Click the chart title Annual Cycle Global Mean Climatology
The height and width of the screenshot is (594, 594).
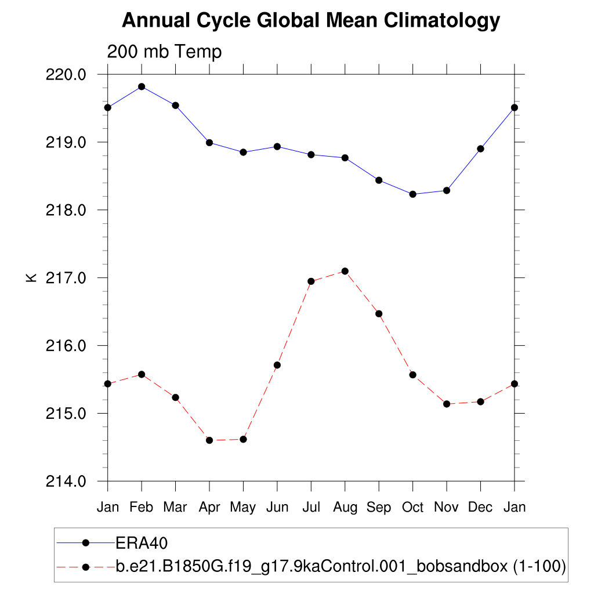[x=310, y=21]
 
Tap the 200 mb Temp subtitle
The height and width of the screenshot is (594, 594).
[x=164, y=52]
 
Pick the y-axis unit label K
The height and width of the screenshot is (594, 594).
[x=31, y=277]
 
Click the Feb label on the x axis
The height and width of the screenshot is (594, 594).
[x=141, y=508]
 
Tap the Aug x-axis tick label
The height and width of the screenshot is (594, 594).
[x=345, y=508]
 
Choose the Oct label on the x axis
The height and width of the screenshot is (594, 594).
[x=412, y=508]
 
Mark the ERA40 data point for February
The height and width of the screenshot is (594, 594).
[x=142, y=87]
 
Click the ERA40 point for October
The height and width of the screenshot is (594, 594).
[x=412, y=194]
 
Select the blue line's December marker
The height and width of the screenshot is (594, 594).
[x=480, y=149]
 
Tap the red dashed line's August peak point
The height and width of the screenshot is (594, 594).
[x=345, y=271]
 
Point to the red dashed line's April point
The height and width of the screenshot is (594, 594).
[x=209, y=440]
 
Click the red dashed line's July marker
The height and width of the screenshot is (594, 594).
[x=311, y=281]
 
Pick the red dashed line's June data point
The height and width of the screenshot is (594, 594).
[x=277, y=365]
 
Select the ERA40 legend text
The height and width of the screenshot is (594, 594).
[x=142, y=543]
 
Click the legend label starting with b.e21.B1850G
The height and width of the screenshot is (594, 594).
[x=341, y=566]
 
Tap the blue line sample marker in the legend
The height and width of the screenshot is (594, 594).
[x=86, y=543]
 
